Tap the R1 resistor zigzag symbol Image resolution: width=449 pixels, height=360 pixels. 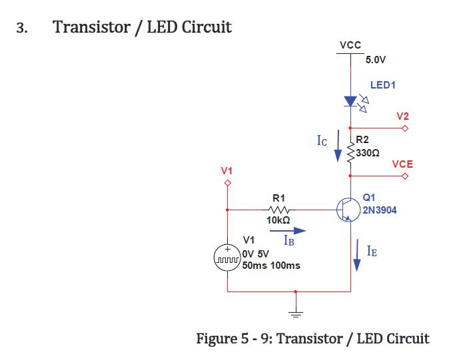coord(278,210)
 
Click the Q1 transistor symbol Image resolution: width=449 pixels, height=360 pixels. coord(348,210)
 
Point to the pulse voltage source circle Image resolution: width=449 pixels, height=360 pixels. coord(227,258)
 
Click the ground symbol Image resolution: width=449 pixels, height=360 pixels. coord(296,314)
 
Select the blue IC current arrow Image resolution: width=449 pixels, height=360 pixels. coord(338,146)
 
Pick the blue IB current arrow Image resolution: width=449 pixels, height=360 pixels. coord(288,230)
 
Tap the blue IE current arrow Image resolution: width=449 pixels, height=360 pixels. coord(357,256)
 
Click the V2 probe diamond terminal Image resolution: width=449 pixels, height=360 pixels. coord(405,128)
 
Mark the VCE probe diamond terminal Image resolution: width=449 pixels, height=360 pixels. coord(405,176)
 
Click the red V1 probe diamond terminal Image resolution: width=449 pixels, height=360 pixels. coord(227,183)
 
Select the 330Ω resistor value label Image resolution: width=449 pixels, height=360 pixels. coord(368,153)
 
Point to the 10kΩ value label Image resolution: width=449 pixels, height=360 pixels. coord(278,220)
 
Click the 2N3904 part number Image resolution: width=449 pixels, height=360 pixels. coord(380,210)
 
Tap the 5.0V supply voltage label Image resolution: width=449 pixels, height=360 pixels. coord(376,60)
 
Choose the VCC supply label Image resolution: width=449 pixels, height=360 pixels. coord(350,45)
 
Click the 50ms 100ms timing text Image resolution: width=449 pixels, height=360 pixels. coord(271,266)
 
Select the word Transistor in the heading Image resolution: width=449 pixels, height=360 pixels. coord(92,27)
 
